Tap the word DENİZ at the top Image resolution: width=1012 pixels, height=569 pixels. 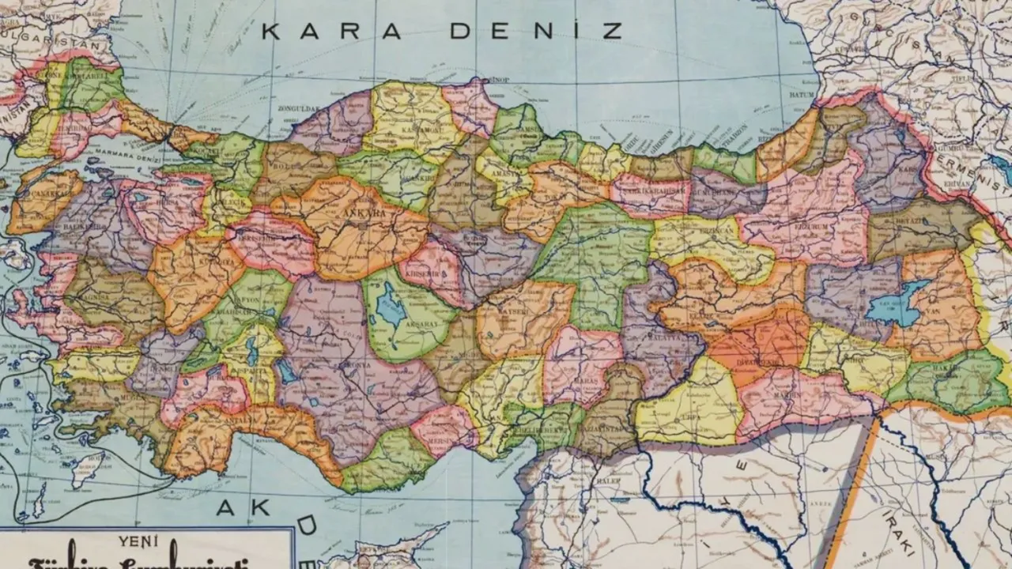tap(536, 32)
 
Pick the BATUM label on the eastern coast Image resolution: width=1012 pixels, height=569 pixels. tap(802, 95)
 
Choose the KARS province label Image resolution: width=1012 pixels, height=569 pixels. tap(897, 168)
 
